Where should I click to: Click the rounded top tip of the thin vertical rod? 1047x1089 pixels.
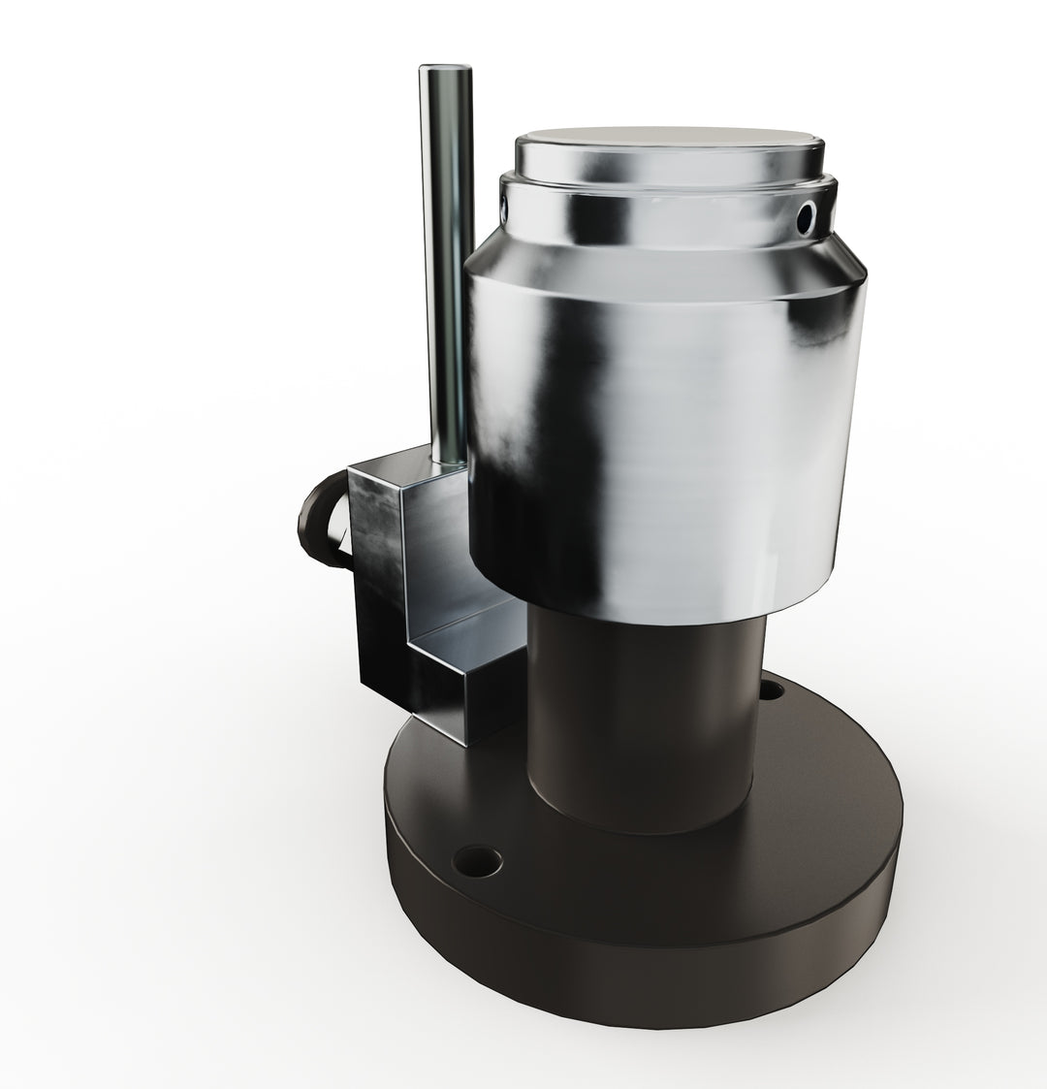pyautogui.click(x=445, y=71)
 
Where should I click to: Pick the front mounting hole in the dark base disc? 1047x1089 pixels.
pyautogui.click(x=482, y=859)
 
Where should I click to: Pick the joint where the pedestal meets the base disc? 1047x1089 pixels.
pyautogui.click(x=640, y=824)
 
